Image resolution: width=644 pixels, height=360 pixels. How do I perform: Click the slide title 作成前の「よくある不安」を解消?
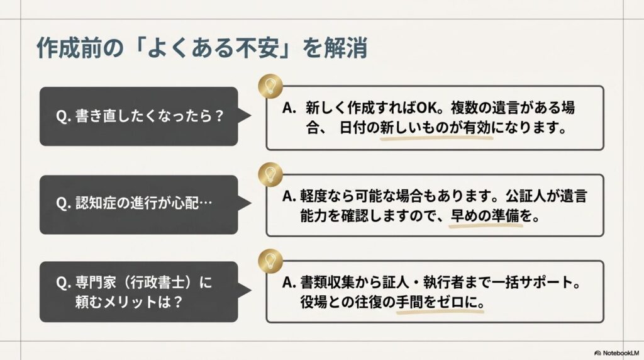tap(202, 48)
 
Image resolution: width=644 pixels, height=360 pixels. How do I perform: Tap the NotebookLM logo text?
tap(617, 353)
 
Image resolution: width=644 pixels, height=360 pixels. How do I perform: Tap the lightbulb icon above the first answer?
tap(270, 86)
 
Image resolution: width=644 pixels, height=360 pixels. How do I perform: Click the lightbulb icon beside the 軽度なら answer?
tap(270, 174)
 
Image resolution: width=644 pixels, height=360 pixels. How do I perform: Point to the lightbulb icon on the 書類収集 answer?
tap(270, 261)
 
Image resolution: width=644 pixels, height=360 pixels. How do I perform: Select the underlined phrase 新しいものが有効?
tap(436, 128)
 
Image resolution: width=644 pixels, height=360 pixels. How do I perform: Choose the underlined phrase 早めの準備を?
tap(486, 216)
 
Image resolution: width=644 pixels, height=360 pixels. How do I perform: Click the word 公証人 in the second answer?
tap(526, 196)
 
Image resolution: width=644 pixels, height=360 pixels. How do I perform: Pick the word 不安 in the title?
tap(257, 48)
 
